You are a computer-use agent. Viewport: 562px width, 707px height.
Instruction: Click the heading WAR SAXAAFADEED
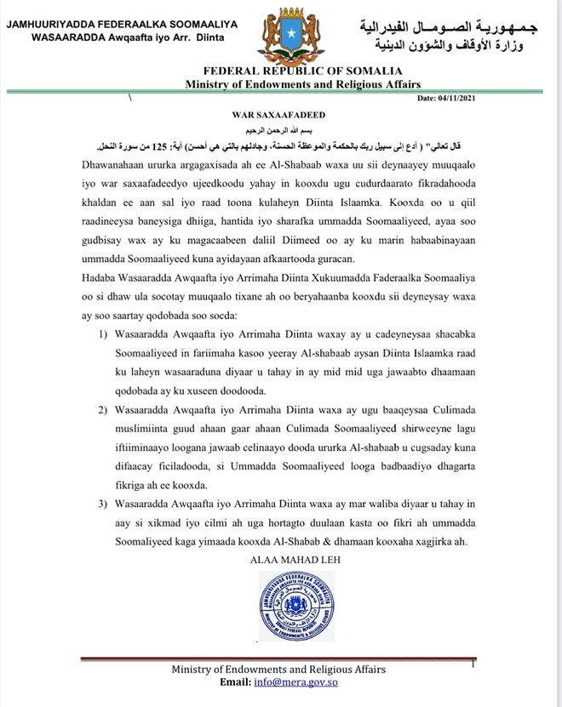pos(281,112)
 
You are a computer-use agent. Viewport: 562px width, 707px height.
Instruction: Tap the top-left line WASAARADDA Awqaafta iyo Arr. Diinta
pos(119,39)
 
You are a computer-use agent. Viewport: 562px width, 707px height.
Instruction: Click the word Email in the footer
pos(236,682)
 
